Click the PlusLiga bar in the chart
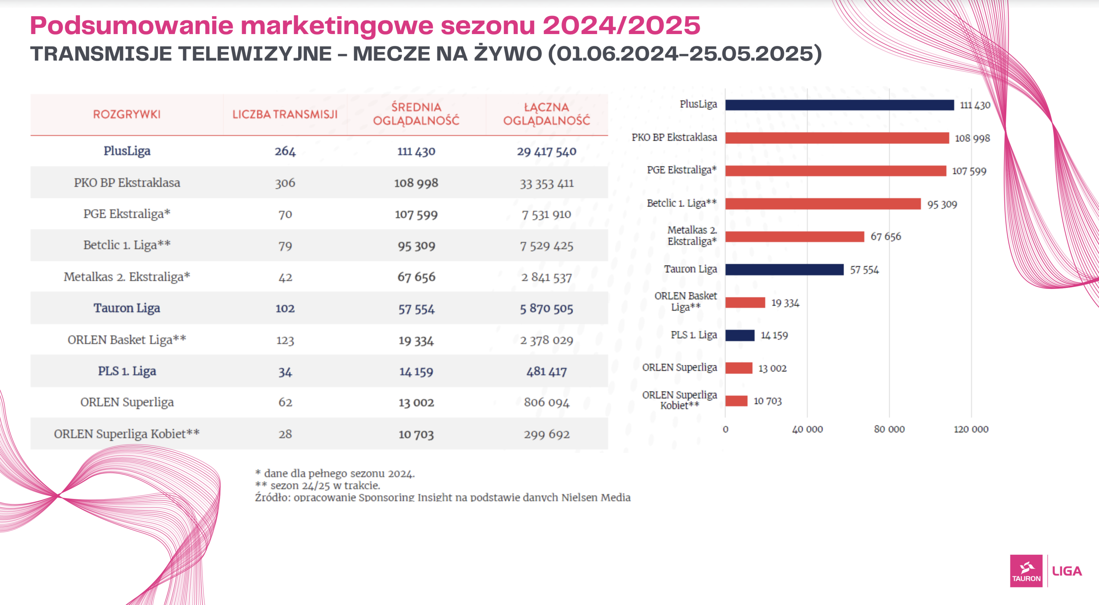pos(839,105)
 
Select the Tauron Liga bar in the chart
pos(784,270)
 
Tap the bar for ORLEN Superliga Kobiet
pos(736,401)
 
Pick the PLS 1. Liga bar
pos(740,335)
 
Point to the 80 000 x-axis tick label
pos(889,429)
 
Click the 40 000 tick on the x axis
pos(807,429)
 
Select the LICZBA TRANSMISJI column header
pos(285,114)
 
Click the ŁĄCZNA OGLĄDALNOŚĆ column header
pos(547,114)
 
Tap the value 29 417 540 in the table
pos(547,151)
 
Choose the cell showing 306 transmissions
pos(285,183)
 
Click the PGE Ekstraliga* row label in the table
pos(127,214)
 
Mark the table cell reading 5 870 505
pos(547,308)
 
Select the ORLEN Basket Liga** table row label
pos(127,340)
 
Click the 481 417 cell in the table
pos(547,371)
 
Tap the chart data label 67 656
pos(886,236)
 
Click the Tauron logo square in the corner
pos(1026,571)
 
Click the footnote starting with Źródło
pos(443,497)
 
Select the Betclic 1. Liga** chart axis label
pos(681,203)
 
